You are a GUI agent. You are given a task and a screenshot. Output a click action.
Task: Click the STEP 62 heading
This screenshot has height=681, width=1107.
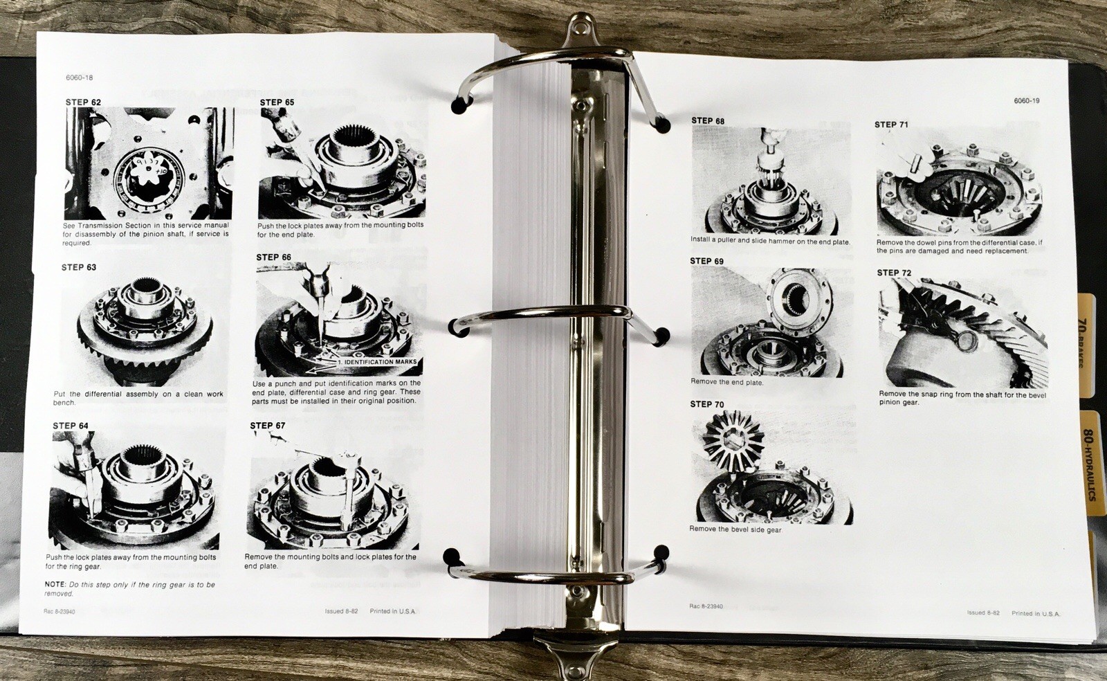point(83,102)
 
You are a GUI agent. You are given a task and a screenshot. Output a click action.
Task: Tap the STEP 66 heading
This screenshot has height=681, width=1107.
point(273,257)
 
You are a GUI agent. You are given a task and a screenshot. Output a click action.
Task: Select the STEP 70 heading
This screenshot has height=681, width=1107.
point(706,405)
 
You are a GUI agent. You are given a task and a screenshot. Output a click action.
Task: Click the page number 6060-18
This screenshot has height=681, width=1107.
point(80,78)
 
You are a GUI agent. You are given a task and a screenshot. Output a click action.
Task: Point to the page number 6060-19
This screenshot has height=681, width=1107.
point(1026,101)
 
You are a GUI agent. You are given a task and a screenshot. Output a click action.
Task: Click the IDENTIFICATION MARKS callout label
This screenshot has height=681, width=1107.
point(378,362)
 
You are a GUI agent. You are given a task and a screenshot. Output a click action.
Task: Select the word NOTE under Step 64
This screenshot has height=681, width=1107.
point(55,585)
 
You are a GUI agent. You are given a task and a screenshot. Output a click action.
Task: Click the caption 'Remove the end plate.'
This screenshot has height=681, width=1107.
point(726,382)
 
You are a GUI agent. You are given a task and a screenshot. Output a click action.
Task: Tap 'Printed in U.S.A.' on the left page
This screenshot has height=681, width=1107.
point(393,612)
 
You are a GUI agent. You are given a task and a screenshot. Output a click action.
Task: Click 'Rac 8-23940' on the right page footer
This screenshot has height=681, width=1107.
point(706,606)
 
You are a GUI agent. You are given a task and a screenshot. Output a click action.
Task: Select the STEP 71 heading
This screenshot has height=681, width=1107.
point(891,125)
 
